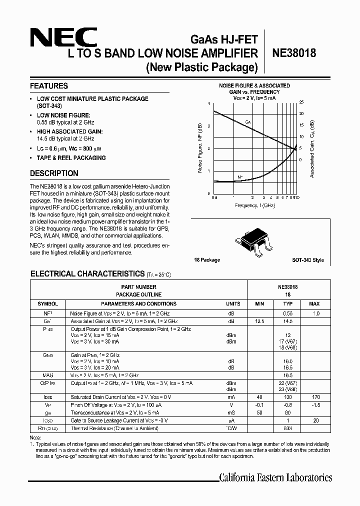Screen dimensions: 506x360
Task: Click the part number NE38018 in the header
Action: [294, 53]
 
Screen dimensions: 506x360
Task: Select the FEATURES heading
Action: [48, 86]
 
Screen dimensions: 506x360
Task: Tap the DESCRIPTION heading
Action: [54, 173]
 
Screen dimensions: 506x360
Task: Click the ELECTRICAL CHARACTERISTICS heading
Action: [87, 274]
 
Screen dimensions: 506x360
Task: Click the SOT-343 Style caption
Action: [308, 260]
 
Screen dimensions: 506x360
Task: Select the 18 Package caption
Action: [207, 260]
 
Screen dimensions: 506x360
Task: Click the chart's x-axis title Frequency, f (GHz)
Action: [254, 205]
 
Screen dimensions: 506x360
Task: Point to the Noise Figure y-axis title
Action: [200, 147]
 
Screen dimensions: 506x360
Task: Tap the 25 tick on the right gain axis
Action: [301, 102]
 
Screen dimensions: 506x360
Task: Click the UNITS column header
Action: [233, 303]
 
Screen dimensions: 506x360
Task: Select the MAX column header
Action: [314, 303]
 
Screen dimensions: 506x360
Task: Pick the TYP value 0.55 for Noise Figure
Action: [287, 312]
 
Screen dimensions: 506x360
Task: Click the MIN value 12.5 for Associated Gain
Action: [259, 320]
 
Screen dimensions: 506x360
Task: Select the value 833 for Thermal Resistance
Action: [287, 428]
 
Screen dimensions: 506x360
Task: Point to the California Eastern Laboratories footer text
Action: [275, 477]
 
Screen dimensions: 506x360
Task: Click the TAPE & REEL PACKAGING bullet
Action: [71, 158]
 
